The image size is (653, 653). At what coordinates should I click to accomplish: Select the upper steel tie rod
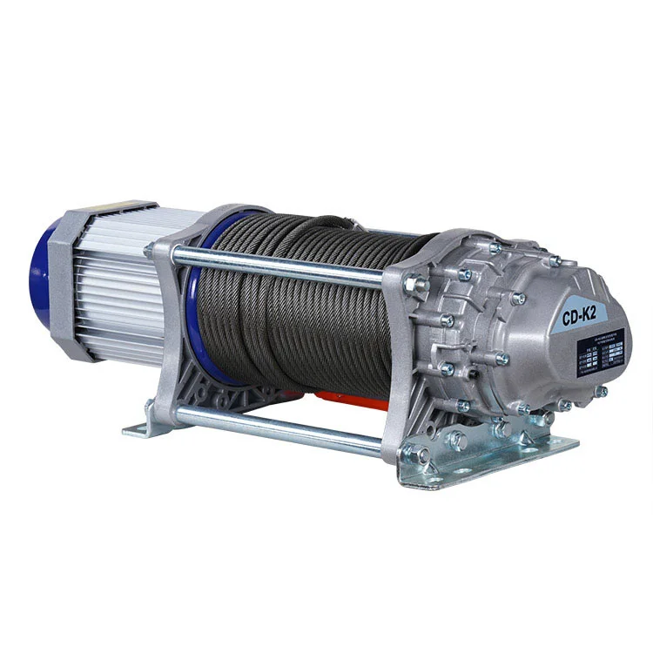tap(279, 266)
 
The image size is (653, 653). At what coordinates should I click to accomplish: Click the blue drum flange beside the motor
tap(195, 296)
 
